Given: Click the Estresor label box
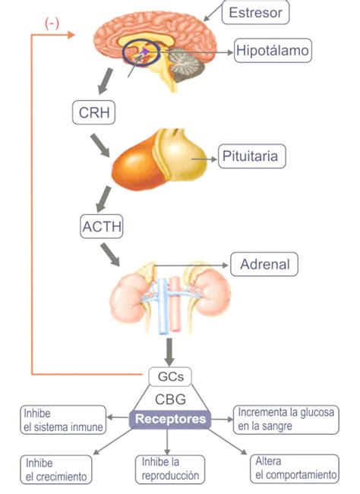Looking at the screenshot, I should click(x=255, y=12).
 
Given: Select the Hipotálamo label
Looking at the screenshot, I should click(x=273, y=51).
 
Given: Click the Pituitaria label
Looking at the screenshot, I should click(x=253, y=158).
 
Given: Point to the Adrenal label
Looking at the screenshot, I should click(x=264, y=264).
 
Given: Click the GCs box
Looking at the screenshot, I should click(x=169, y=376).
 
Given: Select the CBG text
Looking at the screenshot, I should click(x=170, y=398).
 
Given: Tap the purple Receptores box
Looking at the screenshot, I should click(x=169, y=419).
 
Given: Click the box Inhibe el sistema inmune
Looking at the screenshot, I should click(x=63, y=419).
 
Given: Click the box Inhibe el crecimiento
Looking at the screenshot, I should click(x=56, y=469).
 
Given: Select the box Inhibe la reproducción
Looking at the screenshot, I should click(x=170, y=469).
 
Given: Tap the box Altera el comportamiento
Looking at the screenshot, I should click(x=295, y=468).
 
